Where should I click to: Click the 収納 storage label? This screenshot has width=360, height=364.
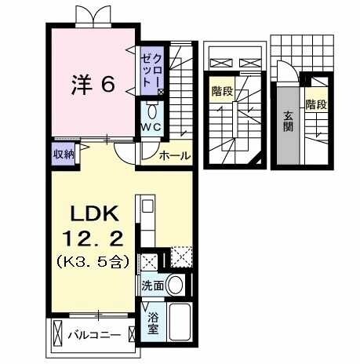click(x=64, y=154)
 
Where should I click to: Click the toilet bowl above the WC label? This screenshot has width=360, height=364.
click(x=152, y=111)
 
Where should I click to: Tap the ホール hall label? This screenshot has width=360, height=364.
click(x=174, y=156)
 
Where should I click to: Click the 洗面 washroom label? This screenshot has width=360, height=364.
click(x=153, y=286)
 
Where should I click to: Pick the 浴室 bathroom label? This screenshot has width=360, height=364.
click(x=153, y=323)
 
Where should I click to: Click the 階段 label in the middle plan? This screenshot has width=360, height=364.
click(x=221, y=92)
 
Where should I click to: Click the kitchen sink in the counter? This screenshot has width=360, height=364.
click(x=147, y=210)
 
